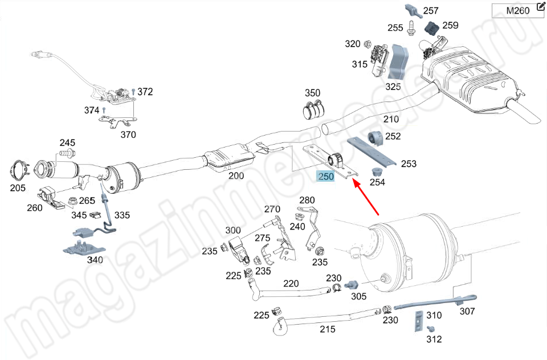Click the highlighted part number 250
pos(326,177)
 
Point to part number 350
pos(312,93)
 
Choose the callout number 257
pos(431,10)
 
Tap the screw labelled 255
pos(411,27)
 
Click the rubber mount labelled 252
pos(375,138)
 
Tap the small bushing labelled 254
pos(376,171)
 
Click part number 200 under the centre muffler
pos(236,176)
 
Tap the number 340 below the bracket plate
pos(95,260)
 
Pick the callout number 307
pos(467,312)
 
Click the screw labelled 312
pos(431,329)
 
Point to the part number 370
pos(128,135)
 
